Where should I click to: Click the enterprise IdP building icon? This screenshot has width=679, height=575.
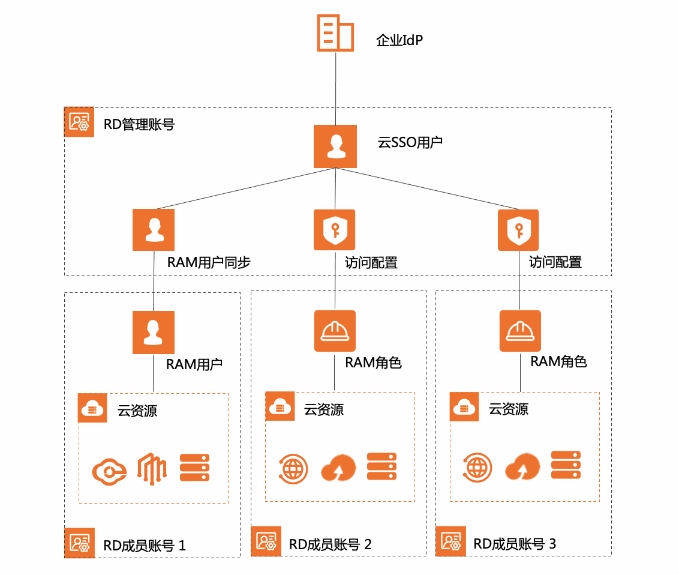(x=335, y=32)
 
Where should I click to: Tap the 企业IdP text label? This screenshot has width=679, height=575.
(x=400, y=41)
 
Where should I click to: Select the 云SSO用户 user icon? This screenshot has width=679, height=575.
(x=335, y=146)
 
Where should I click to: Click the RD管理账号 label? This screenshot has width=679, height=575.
(x=139, y=124)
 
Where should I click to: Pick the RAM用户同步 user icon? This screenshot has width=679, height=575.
(x=154, y=230)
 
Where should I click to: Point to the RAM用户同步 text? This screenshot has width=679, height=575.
(x=208, y=262)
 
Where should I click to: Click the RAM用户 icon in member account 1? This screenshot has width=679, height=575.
(x=154, y=332)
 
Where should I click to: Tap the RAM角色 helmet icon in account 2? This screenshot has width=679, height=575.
(x=335, y=331)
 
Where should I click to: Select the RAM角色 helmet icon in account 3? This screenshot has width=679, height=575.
(x=520, y=331)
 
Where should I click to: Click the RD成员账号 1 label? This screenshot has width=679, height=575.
(x=145, y=546)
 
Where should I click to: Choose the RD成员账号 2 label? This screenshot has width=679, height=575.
(x=330, y=544)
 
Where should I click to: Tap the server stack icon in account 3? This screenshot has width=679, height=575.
(x=566, y=465)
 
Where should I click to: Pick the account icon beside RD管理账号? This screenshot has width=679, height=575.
(x=79, y=122)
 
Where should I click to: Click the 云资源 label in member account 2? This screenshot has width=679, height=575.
(x=324, y=410)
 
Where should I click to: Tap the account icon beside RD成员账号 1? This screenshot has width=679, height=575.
(x=79, y=543)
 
